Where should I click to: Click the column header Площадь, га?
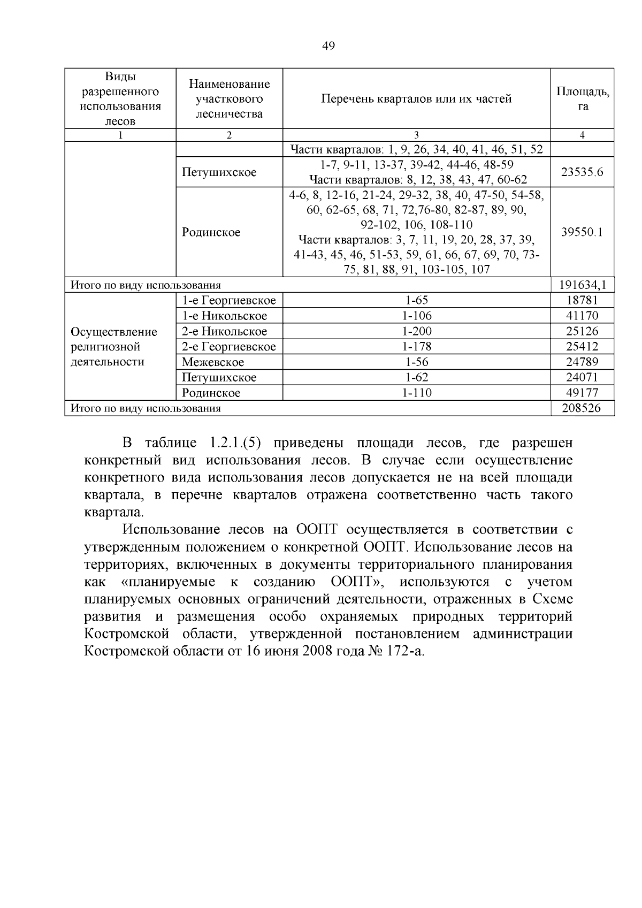tap(583, 98)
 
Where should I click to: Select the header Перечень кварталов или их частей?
tap(416, 98)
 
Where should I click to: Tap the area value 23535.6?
tap(582, 172)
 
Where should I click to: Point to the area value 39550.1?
tap(582, 232)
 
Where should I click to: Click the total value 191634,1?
tap(582, 285)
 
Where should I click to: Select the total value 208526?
tap(582, 408)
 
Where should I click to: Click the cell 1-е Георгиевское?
tap(228, 301)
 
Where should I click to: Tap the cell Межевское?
tap(213, 362)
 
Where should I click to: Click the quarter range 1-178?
tap(416, 347)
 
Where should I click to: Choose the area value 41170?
tap(582, 316)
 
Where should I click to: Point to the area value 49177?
tap(582, 393)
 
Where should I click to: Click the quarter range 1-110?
tap(416, 393)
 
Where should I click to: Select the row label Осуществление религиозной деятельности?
tap(114, 347)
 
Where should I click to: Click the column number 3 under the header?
tap(416, 135)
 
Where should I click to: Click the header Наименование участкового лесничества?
tap(229, 98)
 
